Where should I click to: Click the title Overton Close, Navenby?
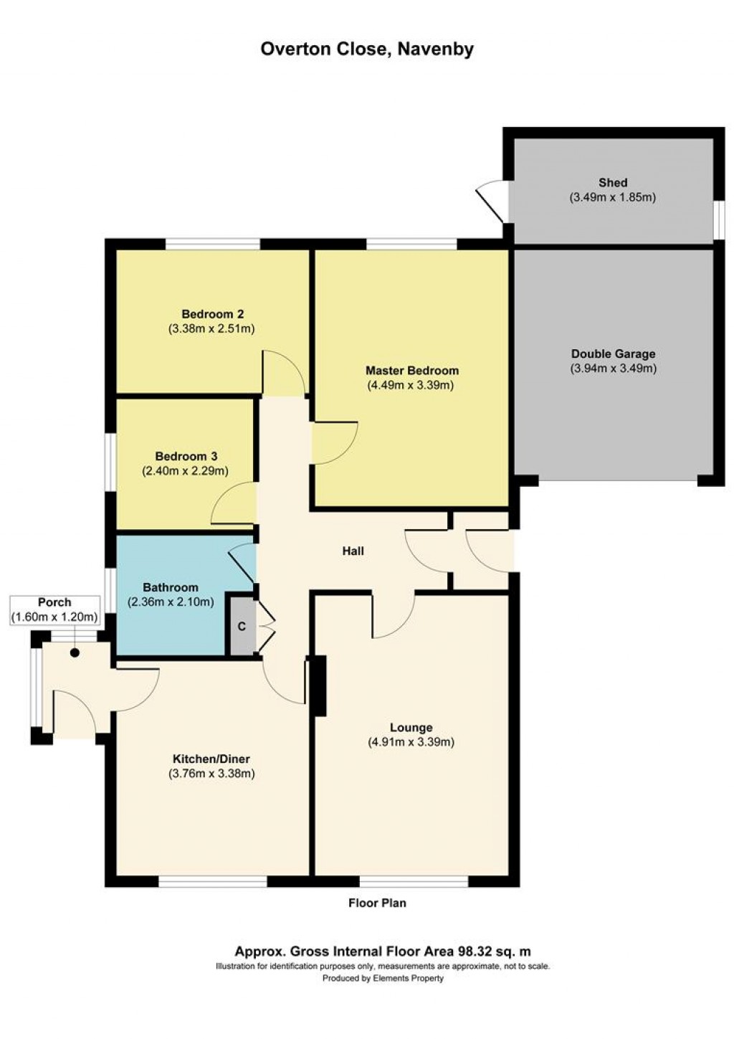pyautogui.click(x=366, y=49)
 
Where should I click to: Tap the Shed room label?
pyautogui.click(x=613, y=183)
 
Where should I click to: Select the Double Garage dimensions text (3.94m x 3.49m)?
pyautogui.click(x=613, y=369)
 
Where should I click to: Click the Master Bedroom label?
pyautogui.click(x=411, y=371)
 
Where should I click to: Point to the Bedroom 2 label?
pyautogui.click(x=212, y=314)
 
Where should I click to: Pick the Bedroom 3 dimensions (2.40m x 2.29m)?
pyautogui.click(x=185, y=471)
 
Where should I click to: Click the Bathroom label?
pyautogui.click(x=170, y=587)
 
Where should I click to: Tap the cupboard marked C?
pyautogui.click(x=242, y=627)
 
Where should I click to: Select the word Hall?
pyautogui.click(x=353, y=551)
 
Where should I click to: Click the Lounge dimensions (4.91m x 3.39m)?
pyautogui.click(x=411, y=742)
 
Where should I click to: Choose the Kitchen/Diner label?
pyautogui.click(x=211, y=759)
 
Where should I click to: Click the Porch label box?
pyautogui.click(x=54, y=609)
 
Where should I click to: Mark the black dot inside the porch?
pyautogui.click(x=75, y=653)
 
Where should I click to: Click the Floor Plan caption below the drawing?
pyautogui.click(x=377, y=903)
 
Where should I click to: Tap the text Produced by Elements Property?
pyautogui.click(x=383, y=978)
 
